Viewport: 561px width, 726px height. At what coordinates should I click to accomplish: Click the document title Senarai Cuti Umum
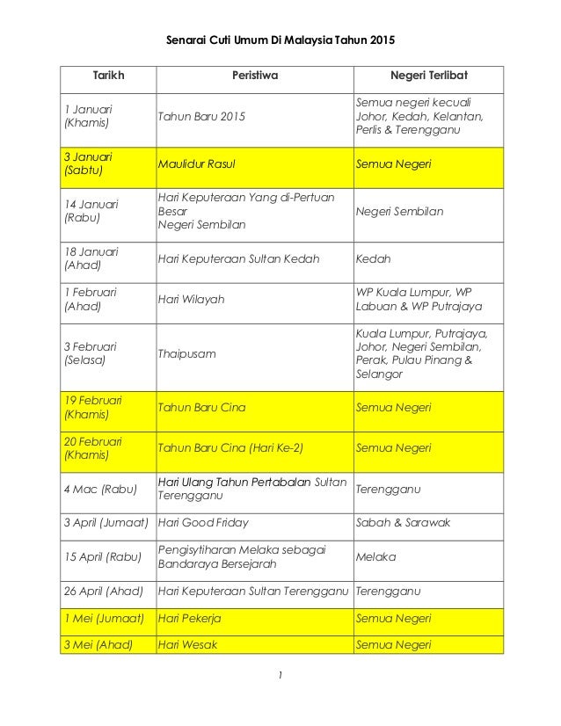pos(280,40)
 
